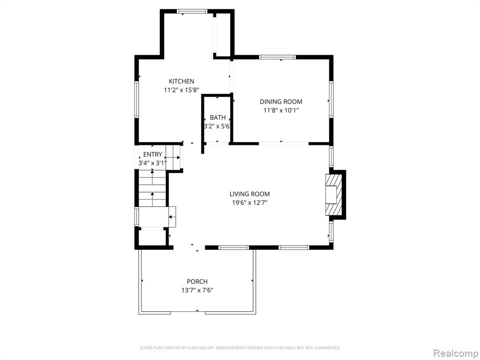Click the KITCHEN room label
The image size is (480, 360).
(x=181, y=81)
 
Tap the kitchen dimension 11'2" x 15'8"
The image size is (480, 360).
(x=181, y=90)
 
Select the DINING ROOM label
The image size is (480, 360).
(x=281, y=102)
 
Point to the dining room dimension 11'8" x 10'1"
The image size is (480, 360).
(x=281, y=110)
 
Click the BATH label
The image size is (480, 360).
(x=217, y=118)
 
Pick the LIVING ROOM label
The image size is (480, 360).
(x=249, y=194)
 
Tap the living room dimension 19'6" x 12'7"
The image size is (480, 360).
(x=249, y=202)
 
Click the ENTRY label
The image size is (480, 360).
(x=152, y=154)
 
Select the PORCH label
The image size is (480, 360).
(x=197, y=281)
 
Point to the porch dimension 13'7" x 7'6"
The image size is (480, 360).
(x=197, y=290)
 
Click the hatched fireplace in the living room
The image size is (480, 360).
(x=334, y=195)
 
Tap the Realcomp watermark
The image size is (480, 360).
(x=456, y=353)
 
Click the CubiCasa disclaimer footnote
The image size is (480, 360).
(x=240, y=348)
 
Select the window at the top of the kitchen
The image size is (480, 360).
(x=192, y=11)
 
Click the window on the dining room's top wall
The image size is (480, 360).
(x=277, y=57)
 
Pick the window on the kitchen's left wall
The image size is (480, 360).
(x=136, y=99)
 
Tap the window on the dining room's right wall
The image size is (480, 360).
(x=331, y=99)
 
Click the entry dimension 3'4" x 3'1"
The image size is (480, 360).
(x=152, y=163)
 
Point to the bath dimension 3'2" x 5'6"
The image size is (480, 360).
(x=217, y=126)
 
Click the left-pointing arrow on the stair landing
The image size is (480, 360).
(x=172, y=217)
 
